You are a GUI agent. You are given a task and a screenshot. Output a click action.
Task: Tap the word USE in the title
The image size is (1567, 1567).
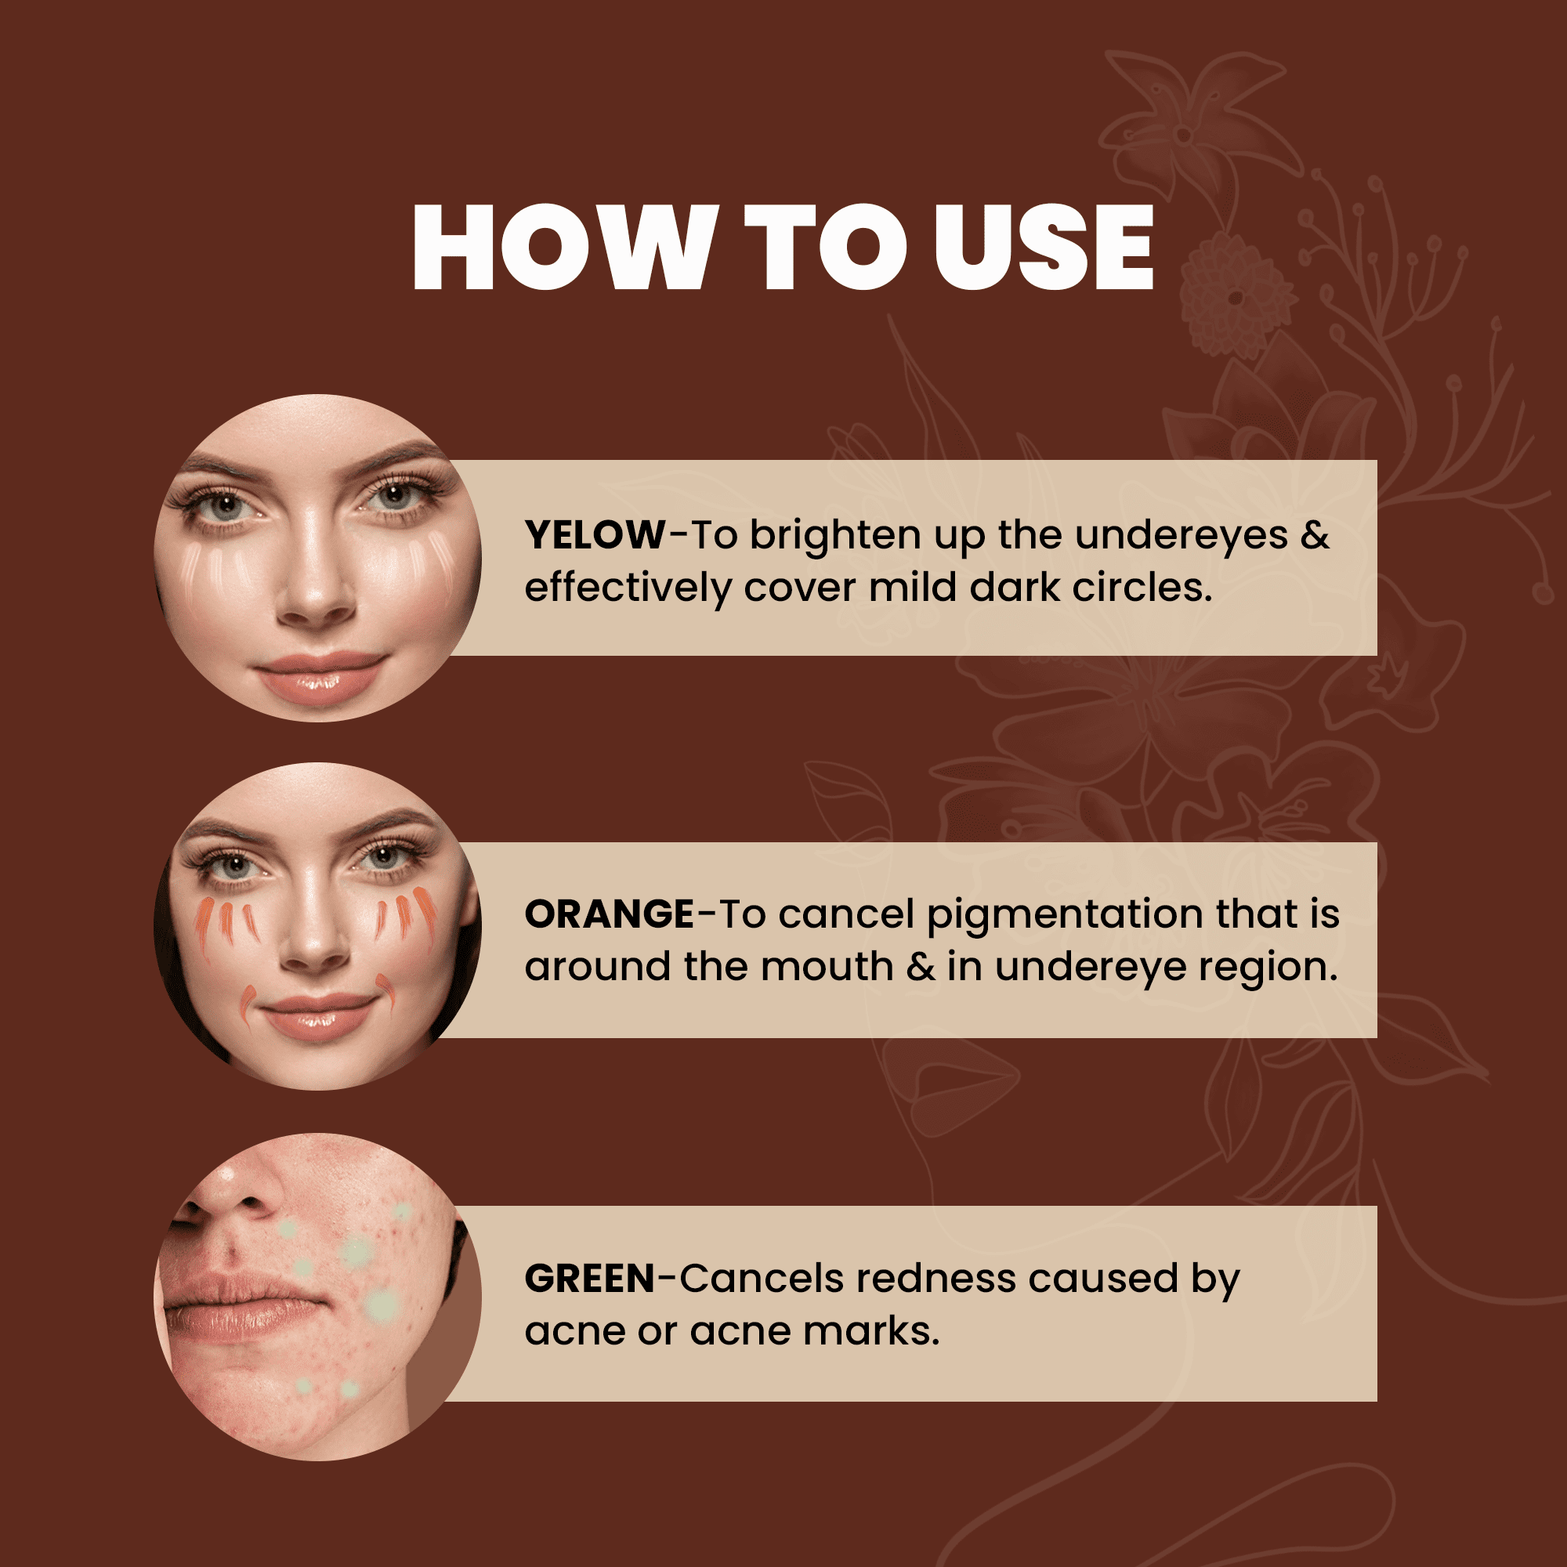(x=1043, y=247)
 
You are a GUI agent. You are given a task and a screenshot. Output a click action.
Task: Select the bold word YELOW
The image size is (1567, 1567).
(x=595, y=535)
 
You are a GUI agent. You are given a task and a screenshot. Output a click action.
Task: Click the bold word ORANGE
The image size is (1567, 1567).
(x=609, y=914)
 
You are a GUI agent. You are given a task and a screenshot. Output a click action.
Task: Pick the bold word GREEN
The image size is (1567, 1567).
(x=590, y=1279)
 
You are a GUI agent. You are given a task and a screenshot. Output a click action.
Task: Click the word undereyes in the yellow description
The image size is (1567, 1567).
(x=1181, y=535)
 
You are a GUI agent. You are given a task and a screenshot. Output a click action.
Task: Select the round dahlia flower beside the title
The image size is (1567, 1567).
(x=1235, y=296)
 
